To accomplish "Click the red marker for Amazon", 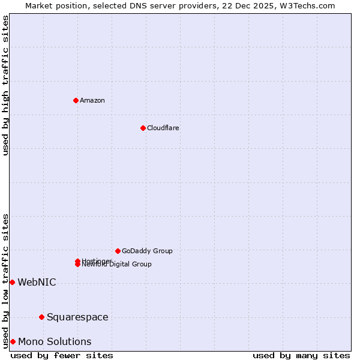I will click(x=76, y=100).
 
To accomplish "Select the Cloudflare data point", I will click(x=143, y=128).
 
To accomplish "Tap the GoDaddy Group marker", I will click(x=118, y=251).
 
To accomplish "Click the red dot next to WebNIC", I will click(x=12, y=282).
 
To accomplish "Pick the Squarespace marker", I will click(x=41, y=317).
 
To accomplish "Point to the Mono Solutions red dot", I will click(x=13, y=341).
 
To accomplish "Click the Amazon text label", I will click(x=92, y=100).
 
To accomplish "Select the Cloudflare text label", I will click(x=163, y=128).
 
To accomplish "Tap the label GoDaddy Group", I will click(x=147, y=251).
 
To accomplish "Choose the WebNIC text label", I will click(x=37, y=282).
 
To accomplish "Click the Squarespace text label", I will click(x=77, y=317).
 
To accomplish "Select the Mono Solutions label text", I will click(x=55, y=341).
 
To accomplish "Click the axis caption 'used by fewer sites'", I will click(x=62, y=355).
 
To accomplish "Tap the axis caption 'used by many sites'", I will click(x=301, y=355).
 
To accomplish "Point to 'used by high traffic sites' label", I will click(x=5, y=85).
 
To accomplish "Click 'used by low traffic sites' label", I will click(x=5, y=280).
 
